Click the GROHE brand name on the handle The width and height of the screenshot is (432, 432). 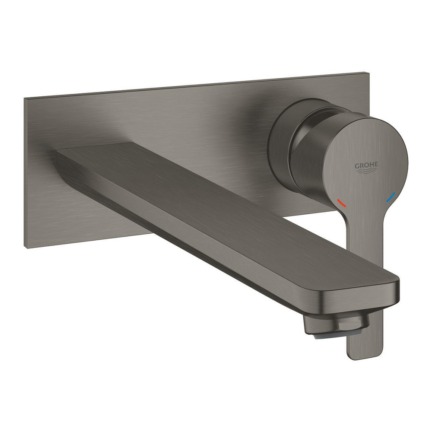coord(366,165)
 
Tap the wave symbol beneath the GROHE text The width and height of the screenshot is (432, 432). coord(366,172)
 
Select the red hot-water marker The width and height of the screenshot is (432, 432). coord(341,202)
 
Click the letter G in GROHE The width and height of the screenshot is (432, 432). coord(357,165)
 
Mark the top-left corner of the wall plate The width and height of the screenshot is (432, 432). coord(25,99)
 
